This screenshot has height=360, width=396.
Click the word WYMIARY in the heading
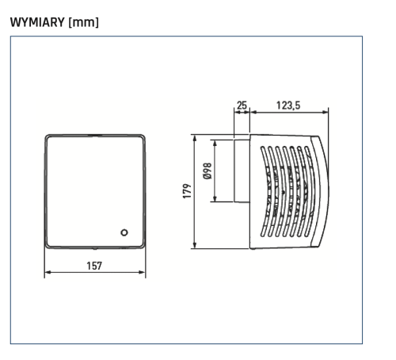[x=38, y=22]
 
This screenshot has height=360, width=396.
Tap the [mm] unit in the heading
[x=84, y=22]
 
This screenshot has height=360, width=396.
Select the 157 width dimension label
[x=94, y=266]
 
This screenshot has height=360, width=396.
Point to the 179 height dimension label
[x=187, y=192]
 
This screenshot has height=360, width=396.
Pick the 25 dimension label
[x=242, y=103]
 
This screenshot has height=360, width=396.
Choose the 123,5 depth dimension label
[x=287, y=103]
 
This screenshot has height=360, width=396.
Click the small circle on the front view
[x=124, y=232]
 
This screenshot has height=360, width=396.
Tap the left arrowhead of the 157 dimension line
[x=47, y=273]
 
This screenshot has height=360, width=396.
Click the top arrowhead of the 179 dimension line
[x=195, y=137]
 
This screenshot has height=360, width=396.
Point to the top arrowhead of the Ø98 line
[x=215, y=144]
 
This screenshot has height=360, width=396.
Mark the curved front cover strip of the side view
[x=320, y=190]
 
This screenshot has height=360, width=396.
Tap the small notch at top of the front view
[x=95, y=134]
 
